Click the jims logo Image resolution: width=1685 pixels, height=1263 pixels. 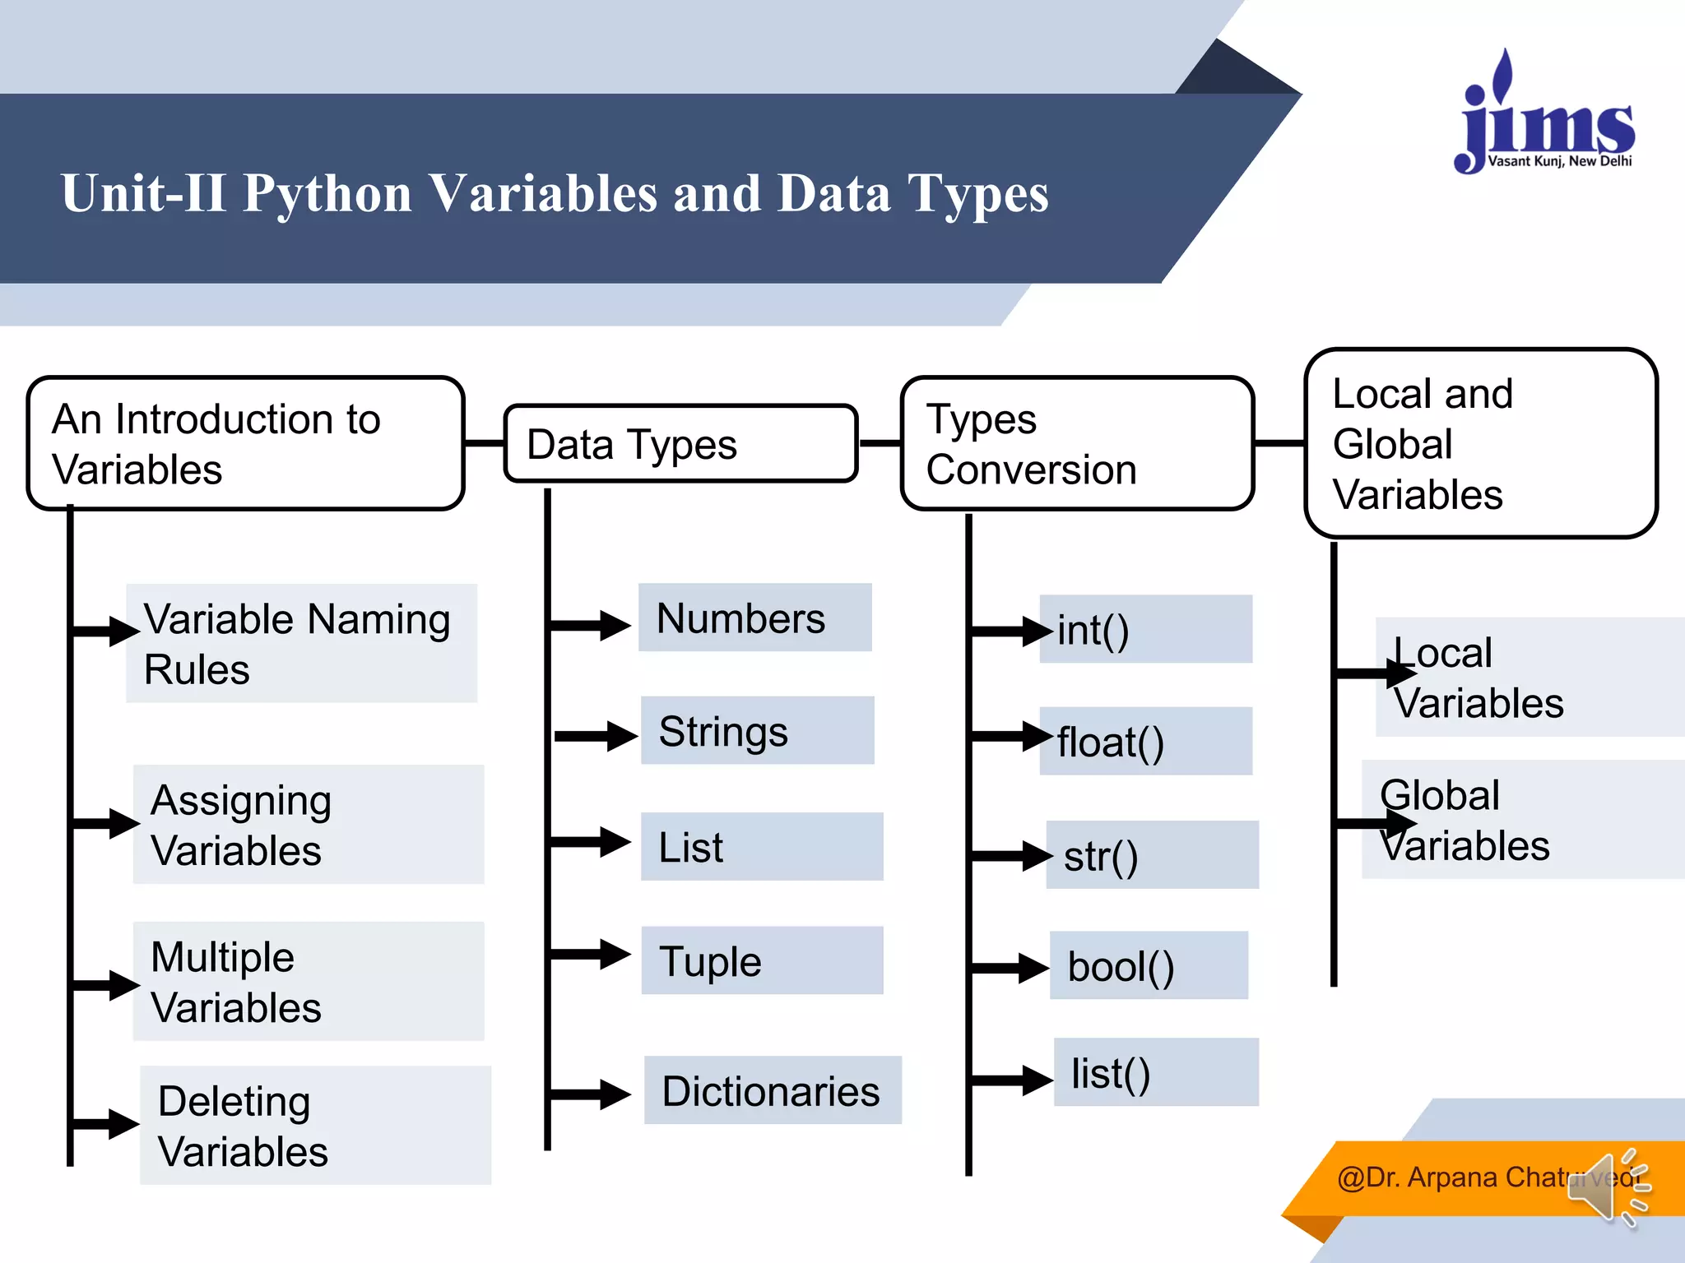pos(1545,115)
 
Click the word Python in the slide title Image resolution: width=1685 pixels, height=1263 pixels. pos(327,194)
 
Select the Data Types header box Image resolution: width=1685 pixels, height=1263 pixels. pos(680,444)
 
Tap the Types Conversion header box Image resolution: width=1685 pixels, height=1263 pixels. pos(1076,444)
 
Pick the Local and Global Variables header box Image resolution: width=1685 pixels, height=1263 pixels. pos(1479,444)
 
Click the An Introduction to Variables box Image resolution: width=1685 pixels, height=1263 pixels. pos(245,444)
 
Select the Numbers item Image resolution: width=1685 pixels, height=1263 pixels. pos(754,618)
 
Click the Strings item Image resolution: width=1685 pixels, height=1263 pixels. pos(757,731)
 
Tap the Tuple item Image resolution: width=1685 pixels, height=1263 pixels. pos(761,960)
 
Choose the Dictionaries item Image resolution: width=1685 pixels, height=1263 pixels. pos(772,1090)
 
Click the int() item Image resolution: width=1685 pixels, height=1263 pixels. pos(1145,630)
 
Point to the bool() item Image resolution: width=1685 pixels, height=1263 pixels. pos(1149,965)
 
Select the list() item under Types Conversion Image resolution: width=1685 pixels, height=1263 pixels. pos(1155,1072)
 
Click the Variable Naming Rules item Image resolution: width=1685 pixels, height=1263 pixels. pos(301,644)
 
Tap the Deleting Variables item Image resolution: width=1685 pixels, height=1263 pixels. pos(315,1125)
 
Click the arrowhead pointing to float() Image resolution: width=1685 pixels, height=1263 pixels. pos(1038,736)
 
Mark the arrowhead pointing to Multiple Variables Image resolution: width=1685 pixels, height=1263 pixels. pos(124,984)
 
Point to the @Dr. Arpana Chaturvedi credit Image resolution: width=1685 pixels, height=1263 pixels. pos(1456,1177)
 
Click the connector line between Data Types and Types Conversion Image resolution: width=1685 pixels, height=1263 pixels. pos(880,443)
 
